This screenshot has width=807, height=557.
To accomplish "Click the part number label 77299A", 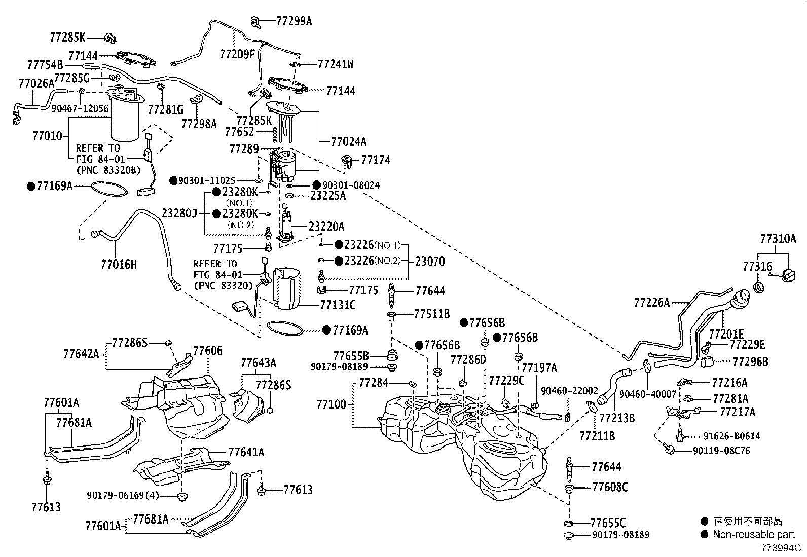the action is click(294, 21).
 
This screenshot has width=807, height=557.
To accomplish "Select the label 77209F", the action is click(237, 54).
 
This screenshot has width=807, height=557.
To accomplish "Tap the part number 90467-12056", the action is click(80, 108).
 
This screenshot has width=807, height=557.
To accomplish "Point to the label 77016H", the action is click(119, 265).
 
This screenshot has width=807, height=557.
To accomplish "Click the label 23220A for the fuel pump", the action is click(326, 226).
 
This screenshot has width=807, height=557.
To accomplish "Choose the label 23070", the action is click(430, 261).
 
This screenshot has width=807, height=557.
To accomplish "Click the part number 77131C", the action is click(338, 305).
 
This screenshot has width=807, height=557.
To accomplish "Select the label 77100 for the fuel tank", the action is click(332, 404).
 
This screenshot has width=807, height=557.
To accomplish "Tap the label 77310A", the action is click(778, 239).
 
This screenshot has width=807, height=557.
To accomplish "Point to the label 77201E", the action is click(726, 333).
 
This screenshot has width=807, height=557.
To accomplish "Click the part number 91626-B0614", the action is click(731, 436).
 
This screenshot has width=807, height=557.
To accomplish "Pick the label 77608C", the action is click(610, 487).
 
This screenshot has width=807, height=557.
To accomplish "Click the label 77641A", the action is click(246, 452).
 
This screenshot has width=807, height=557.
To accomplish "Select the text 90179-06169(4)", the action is click(123, 495).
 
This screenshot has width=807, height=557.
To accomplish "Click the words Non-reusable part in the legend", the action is click(754, 534).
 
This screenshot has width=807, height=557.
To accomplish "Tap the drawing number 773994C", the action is click(781, 548).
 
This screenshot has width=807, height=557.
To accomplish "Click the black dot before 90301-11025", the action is click(174, 180).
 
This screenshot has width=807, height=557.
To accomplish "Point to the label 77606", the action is click(208, 351).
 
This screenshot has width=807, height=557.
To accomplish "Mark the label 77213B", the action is click(617, 418).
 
